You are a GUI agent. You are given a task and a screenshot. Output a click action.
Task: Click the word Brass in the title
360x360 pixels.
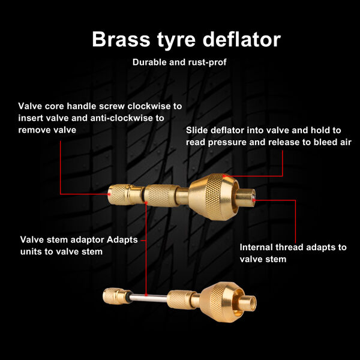[x=121, y=39]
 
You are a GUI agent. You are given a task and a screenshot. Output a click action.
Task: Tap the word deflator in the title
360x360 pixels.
[x=242, y=39]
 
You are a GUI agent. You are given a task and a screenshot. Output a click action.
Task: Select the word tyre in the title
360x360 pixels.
[x=176, y=41]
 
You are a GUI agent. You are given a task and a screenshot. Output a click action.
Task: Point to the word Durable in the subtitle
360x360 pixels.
[x=149, y=62]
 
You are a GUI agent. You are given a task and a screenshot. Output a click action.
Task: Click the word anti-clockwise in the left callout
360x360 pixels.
[x=122, y=118]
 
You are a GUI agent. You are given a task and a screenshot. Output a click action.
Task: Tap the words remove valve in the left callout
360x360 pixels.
[x=47, y=130]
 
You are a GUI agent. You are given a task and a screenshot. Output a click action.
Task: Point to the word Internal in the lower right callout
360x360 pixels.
[x=256, y=247]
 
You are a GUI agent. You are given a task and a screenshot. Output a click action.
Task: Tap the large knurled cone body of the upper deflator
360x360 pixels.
[x=214, y=197]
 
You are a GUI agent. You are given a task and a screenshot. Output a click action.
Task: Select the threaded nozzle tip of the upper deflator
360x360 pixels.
[x=245, y=197]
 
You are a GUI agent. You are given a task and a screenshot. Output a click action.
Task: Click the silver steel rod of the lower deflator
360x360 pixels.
[x=148, y=298]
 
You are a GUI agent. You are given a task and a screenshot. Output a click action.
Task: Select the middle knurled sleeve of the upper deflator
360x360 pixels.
[x=161, y=195]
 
